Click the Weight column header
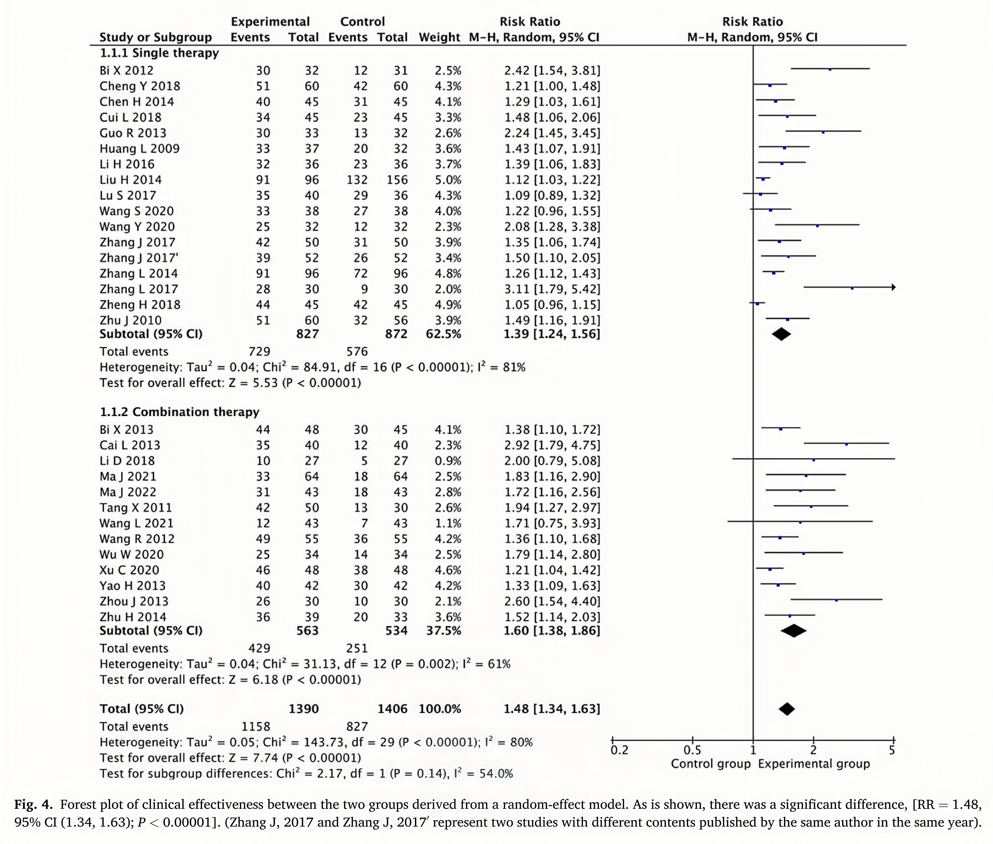click(439, 37)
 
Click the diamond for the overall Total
click(787, 709)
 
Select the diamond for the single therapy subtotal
click(781, 334)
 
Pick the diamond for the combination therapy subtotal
click(793, 631)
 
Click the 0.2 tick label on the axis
click(619, 750)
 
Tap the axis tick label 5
click(892, 750)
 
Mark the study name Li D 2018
click(127, 461)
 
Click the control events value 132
click(357, 180)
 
